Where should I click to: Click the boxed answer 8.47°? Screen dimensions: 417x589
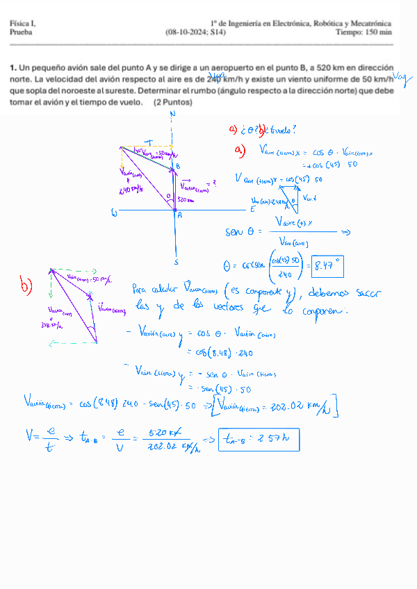328,265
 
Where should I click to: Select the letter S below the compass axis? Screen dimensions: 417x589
177,262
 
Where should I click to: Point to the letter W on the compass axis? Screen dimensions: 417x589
114,214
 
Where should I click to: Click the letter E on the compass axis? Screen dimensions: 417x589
253,208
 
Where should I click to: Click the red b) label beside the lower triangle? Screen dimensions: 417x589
26,285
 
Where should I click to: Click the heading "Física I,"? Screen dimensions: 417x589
23,24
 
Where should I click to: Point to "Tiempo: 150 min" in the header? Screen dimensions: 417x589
363,32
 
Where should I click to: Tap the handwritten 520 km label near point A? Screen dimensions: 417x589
185,200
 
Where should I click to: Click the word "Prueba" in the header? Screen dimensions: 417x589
21,32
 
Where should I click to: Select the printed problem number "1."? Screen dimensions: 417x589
13,67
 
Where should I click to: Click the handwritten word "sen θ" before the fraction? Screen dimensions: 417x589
243,232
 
